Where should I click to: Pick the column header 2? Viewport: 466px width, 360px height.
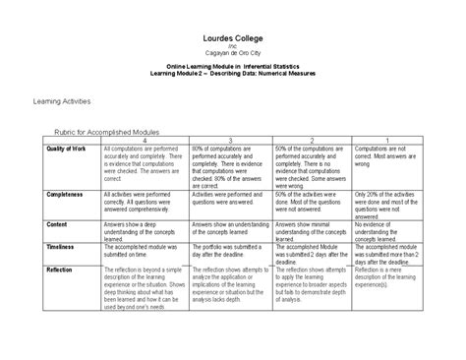tap(312, 140)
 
